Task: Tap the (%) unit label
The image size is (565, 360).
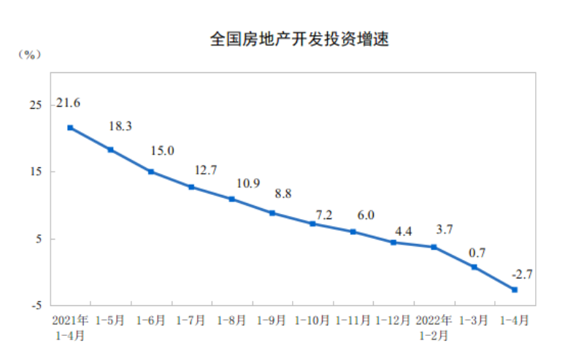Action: point(29,54)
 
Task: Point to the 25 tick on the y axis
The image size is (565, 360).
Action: point(35,105)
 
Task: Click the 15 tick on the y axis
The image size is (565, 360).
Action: point(35,172)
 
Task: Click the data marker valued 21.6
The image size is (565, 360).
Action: point(70,128)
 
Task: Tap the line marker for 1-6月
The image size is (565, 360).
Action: point(151,172)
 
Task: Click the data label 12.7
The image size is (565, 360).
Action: point(206,171)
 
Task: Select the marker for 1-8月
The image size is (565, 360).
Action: point(231,199)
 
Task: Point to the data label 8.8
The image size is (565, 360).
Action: point(281,194)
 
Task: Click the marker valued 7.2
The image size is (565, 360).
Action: point(312,223)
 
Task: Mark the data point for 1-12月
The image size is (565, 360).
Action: point(393,242)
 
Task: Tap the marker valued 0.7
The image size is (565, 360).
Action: point(474,267)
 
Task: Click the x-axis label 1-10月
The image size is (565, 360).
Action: point(312,320)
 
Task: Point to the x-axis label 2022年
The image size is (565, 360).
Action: point(434,320)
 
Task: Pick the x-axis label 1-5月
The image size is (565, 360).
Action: point(110,320)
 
